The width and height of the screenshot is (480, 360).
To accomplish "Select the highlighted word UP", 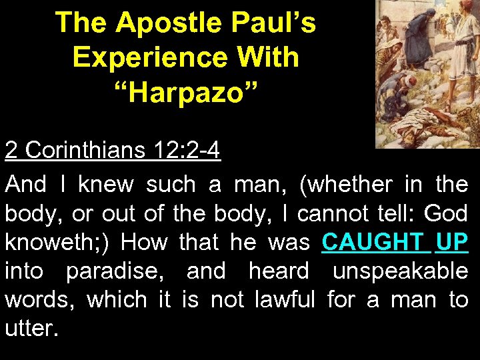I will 453,241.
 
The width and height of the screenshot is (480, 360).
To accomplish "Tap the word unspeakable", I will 400,271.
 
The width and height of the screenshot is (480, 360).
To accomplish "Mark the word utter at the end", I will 31,328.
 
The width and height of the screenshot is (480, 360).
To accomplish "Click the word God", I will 447,213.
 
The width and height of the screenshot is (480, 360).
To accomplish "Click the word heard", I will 279,271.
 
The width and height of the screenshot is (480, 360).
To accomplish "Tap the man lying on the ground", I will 427,127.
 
